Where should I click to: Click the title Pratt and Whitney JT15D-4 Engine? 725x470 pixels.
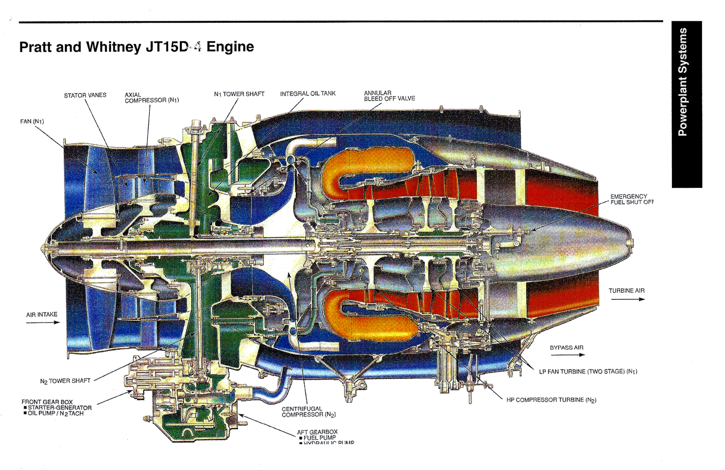coord(136,47)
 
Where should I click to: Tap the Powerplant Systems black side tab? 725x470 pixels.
coord(686,104)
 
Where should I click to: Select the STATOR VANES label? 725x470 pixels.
coord(85,95)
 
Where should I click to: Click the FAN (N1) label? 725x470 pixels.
coord(32,121)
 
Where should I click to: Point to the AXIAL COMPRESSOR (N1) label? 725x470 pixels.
coord(151,98)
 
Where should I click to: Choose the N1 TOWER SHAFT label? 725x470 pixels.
coord(239,94)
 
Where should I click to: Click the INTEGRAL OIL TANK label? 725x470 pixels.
coord(307,93)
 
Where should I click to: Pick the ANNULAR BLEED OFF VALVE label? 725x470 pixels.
coord(389,96)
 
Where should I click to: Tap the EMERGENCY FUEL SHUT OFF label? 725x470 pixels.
coord(631,199)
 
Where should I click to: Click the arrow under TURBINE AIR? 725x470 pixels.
coord(628,299)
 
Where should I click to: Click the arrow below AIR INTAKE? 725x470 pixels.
coord(43,323)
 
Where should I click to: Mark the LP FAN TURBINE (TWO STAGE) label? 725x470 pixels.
coord(588,372)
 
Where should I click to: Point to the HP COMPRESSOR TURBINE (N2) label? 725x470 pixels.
coord(551,400)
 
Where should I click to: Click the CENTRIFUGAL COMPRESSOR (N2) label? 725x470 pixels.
coord(308,411)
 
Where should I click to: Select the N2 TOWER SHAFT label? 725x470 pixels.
coord(65,381)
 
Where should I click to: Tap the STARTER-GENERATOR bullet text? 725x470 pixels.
coord(59,407)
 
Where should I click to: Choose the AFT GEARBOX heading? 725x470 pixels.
coord(317,432)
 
